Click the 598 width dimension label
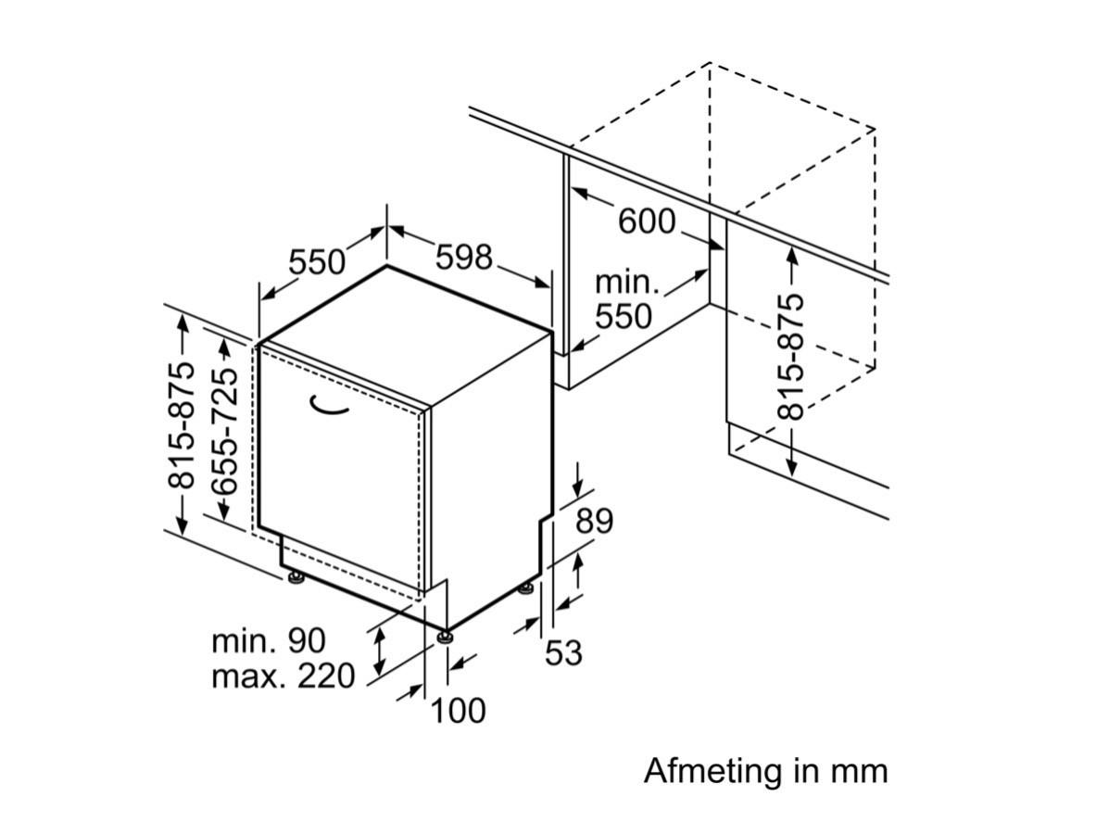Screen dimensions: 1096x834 coord(464,257)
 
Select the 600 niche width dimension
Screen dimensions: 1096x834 coord(647,221)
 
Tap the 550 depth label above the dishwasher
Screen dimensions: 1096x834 coord(318,262)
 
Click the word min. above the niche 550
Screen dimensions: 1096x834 coord(627,284)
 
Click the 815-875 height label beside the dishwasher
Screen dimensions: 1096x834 coord(181,425)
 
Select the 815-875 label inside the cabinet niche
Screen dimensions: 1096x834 coord(791,357)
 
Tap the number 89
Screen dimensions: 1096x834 coord(594,521)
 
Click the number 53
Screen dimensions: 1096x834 coord(563,653)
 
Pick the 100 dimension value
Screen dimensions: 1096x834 coord(459,711)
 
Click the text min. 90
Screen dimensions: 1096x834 coord(269,640)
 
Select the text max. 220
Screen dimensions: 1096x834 coord(283,676)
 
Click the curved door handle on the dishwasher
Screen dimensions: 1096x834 coord(328,405)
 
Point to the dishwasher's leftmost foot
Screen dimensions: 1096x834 coord(296,577)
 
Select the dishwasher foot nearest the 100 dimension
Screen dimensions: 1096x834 coord(444,637)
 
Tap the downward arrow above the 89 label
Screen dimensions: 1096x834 coord(579,479)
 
